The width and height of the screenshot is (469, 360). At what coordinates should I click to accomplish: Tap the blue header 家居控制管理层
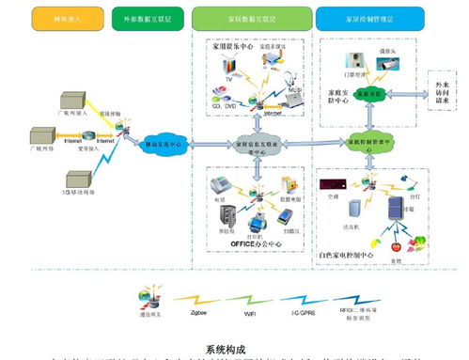(366, 19)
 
